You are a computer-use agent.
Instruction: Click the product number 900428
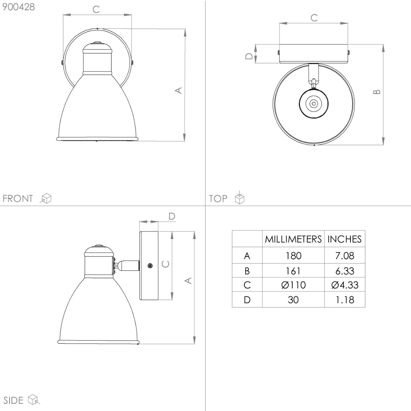tap(18, 7)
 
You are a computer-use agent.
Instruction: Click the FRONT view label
tap(18, 198)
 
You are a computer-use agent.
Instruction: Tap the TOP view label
tap(218, 198)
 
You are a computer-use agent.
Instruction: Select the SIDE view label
tap(13, 400)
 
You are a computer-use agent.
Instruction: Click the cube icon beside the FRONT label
tap(46, 198)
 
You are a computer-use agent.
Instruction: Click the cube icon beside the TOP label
tap(240, 198)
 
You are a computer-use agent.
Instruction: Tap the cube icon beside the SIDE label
tap(33, 400)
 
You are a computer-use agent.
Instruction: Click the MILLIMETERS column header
tap(293, 239)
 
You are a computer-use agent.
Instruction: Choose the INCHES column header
tap(344, 239)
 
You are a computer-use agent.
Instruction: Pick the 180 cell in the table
tap(293, 256)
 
